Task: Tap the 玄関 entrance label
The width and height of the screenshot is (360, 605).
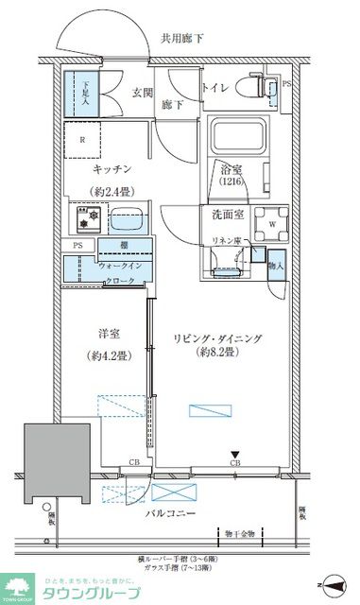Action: (143, 92)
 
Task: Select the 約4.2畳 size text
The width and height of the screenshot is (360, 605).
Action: (104, 357)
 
